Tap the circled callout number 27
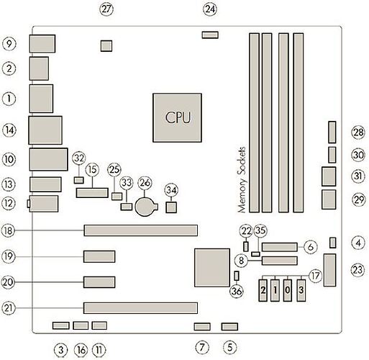[107, 9]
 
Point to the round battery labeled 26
[147, 207]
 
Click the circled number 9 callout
[9, 43]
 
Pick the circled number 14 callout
[9, 130]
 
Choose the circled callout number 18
[9, 231]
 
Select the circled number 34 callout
[171, 190]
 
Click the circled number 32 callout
[79, 158]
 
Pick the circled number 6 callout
[311, 246]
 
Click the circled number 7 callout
[201, 349]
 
